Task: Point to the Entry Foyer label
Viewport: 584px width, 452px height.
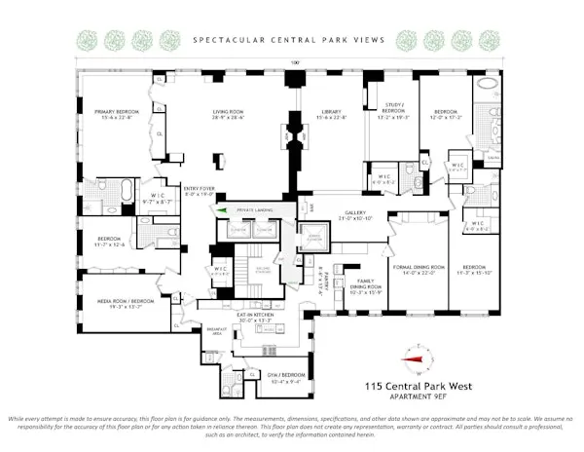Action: [x=199, y=193]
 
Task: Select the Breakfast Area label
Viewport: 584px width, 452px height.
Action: [x=220, y=331]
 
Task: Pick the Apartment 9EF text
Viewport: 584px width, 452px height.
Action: [x=421, y=396]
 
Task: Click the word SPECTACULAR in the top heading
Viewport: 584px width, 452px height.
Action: [x=226, y=40]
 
